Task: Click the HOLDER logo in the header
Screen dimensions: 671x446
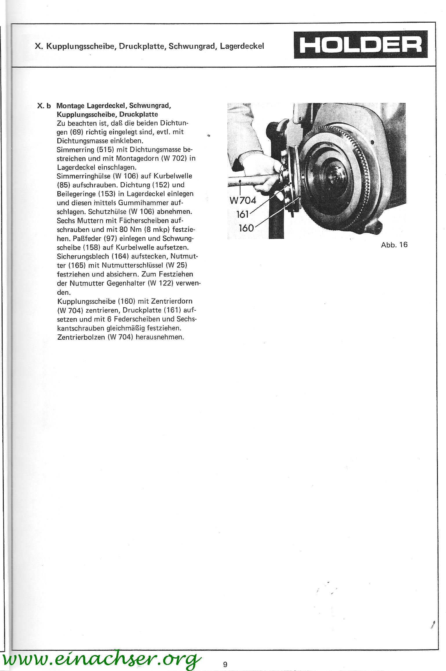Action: point(361,45)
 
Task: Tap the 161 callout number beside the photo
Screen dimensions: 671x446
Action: point(243,214)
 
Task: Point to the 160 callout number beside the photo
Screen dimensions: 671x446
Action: point(246,228)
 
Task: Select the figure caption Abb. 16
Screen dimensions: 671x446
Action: point(394,245)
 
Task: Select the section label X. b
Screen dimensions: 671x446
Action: point(44,105)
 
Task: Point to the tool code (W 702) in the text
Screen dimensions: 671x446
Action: point(172,159)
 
